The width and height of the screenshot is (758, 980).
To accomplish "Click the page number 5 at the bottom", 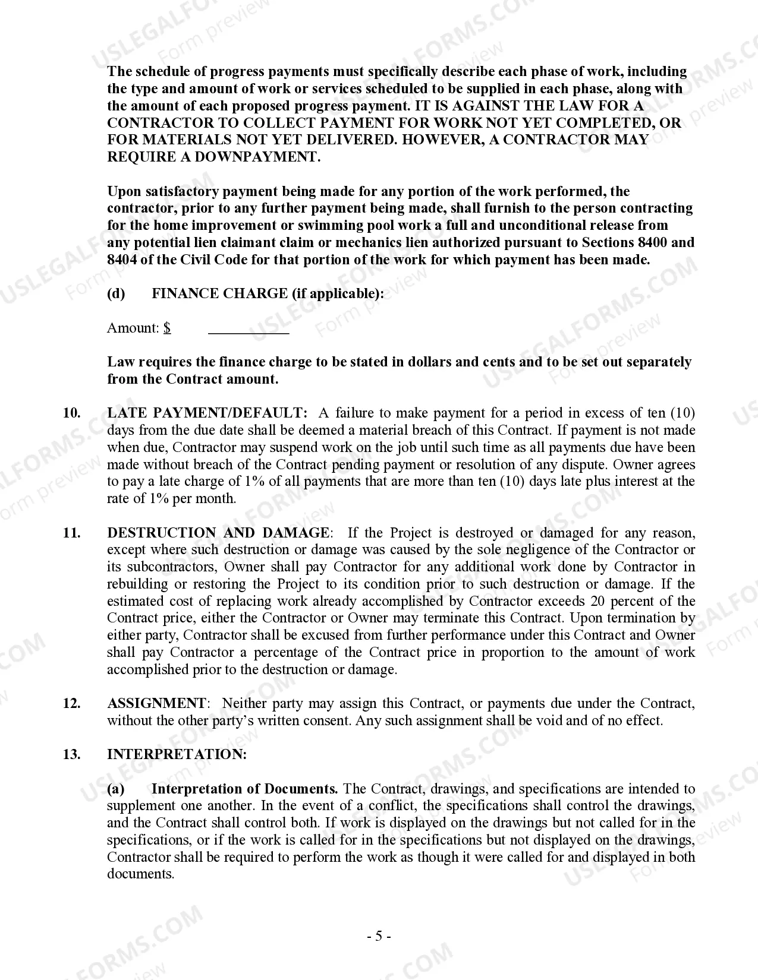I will click(379, 937).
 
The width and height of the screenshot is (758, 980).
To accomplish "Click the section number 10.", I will click(71, 413).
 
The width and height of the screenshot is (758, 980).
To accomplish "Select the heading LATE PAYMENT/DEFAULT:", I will click(207, 413).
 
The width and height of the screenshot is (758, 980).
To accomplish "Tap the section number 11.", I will click(71, 533).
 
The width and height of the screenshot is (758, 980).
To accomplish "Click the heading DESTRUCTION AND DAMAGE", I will click(218, 533).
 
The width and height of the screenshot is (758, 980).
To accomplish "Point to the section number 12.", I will click(71, 703).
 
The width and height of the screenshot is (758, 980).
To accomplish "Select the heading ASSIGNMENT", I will click(156, 703).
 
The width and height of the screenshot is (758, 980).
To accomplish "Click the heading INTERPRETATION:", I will click(177, 754).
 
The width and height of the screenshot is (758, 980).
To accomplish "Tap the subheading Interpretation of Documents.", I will click(244, 789).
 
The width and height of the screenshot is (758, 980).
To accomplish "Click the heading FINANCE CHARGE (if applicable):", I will click(268, 293).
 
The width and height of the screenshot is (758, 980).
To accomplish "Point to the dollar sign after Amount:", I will click(168, 328).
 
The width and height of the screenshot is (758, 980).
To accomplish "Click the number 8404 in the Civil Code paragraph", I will click(122, 260).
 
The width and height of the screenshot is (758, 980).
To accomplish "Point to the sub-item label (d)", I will click(116, 293).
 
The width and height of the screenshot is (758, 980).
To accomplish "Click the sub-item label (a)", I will click(116, 789).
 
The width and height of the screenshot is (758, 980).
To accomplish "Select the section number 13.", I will click(71, 754).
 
